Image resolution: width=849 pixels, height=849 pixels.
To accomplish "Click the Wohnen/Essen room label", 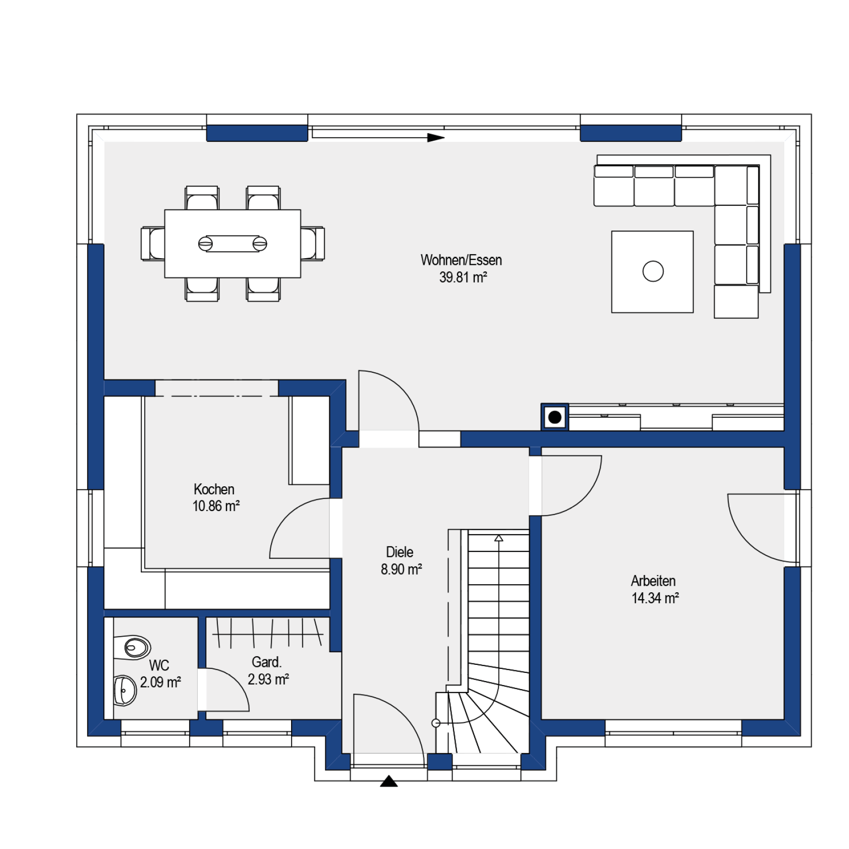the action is (461, 260).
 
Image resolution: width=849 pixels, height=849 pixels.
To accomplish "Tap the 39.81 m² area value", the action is (463, 277).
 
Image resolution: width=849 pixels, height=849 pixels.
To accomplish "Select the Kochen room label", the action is (214, 489).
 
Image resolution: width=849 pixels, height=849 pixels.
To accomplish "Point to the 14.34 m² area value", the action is (655, 598).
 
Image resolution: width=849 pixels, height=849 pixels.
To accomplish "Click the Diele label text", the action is (400, 552).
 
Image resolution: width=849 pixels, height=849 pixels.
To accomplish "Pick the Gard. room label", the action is (266, 662).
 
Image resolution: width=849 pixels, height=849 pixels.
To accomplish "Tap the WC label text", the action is (159, 665).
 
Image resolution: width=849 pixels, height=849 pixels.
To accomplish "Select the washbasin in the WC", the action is (125, 690).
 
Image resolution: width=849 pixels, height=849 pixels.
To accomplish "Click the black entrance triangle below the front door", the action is (389, 781).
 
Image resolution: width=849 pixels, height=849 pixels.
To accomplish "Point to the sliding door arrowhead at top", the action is (436, 138).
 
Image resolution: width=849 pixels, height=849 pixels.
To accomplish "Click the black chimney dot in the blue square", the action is (555, 417).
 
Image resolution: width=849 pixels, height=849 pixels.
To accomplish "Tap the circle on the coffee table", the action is (653, 271).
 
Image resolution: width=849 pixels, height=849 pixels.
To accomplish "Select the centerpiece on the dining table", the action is (233, 244).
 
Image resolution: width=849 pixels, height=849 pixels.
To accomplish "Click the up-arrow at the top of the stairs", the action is (499, 538).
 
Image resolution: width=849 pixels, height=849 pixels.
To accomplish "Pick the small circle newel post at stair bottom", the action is (436, 723).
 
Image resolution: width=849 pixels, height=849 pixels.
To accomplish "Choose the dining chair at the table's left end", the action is (153, 244).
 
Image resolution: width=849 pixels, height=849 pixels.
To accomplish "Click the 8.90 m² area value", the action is (401, 570).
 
